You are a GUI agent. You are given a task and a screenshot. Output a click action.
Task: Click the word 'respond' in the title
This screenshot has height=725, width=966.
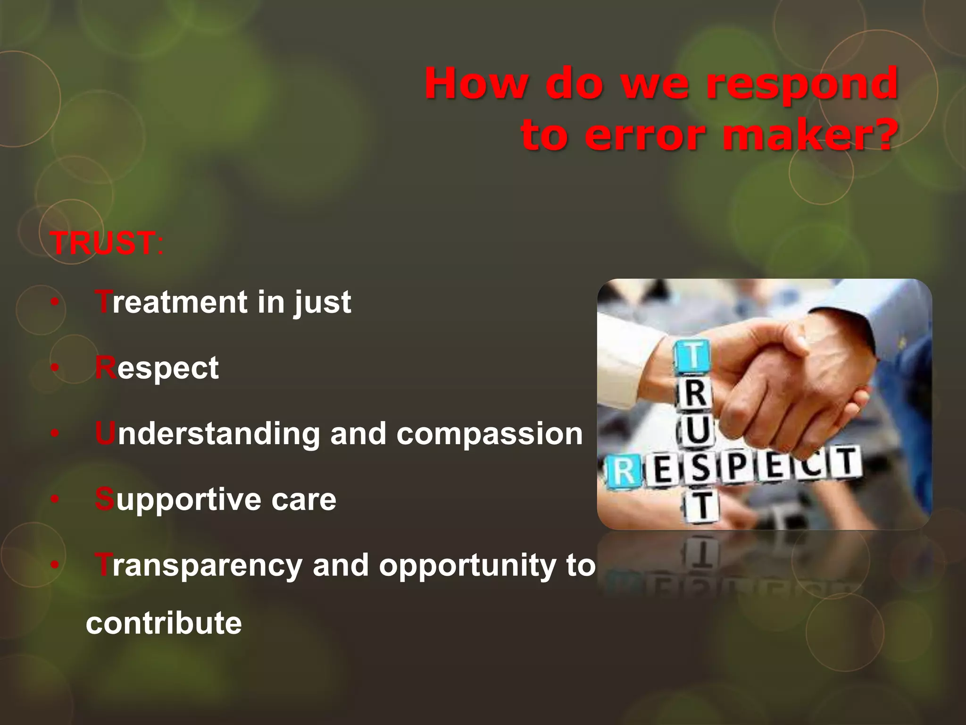[x=802, y=85]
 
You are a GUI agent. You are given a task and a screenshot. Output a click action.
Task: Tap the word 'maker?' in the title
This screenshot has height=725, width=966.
[x=808, y=136]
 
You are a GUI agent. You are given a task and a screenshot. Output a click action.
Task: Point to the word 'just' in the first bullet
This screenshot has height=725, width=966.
[x=323, y=303]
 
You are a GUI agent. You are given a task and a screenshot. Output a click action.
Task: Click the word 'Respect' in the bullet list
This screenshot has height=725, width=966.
[x=157, y=368]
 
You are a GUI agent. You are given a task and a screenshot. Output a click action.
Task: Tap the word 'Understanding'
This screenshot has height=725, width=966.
[x=208, y=434]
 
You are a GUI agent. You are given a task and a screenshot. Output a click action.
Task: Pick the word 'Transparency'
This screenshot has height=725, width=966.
[x=198, y=565]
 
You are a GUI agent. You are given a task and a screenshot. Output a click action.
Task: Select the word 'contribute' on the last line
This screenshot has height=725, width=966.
[x=164, y=623]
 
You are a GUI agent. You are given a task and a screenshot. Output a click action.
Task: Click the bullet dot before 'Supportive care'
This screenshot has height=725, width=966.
[x=55, y=499]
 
